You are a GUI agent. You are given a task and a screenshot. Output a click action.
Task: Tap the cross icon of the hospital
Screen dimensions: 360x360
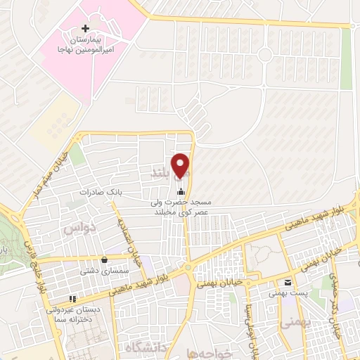[86, 29]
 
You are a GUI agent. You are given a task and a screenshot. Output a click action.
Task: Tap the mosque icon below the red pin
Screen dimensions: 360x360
[182, 192]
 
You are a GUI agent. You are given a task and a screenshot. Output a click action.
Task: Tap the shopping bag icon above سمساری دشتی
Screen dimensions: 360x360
[104, 258]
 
